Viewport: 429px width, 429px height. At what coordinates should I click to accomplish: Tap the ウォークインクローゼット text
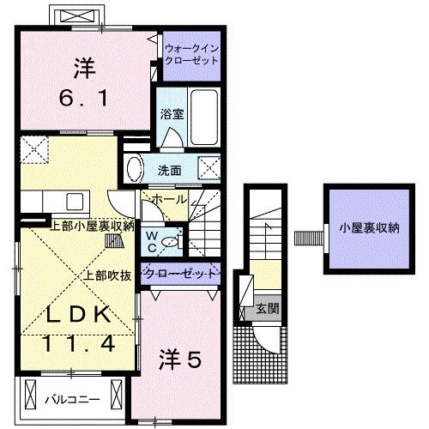pos(192,55)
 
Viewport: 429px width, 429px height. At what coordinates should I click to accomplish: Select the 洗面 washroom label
pos(169,169)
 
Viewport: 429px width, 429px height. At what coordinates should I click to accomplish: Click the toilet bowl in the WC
pos(172,242)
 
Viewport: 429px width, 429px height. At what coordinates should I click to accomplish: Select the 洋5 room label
pos(179,361)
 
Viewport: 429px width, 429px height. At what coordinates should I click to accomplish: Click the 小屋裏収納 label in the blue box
pos(368,227)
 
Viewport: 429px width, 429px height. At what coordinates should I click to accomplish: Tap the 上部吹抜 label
pos(107,275)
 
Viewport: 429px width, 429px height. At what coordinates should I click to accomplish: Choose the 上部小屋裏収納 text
pos(91,227)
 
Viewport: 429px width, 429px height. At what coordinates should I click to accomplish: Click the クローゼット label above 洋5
pos(181,274)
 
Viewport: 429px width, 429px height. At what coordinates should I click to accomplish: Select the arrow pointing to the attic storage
pos(305,235)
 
